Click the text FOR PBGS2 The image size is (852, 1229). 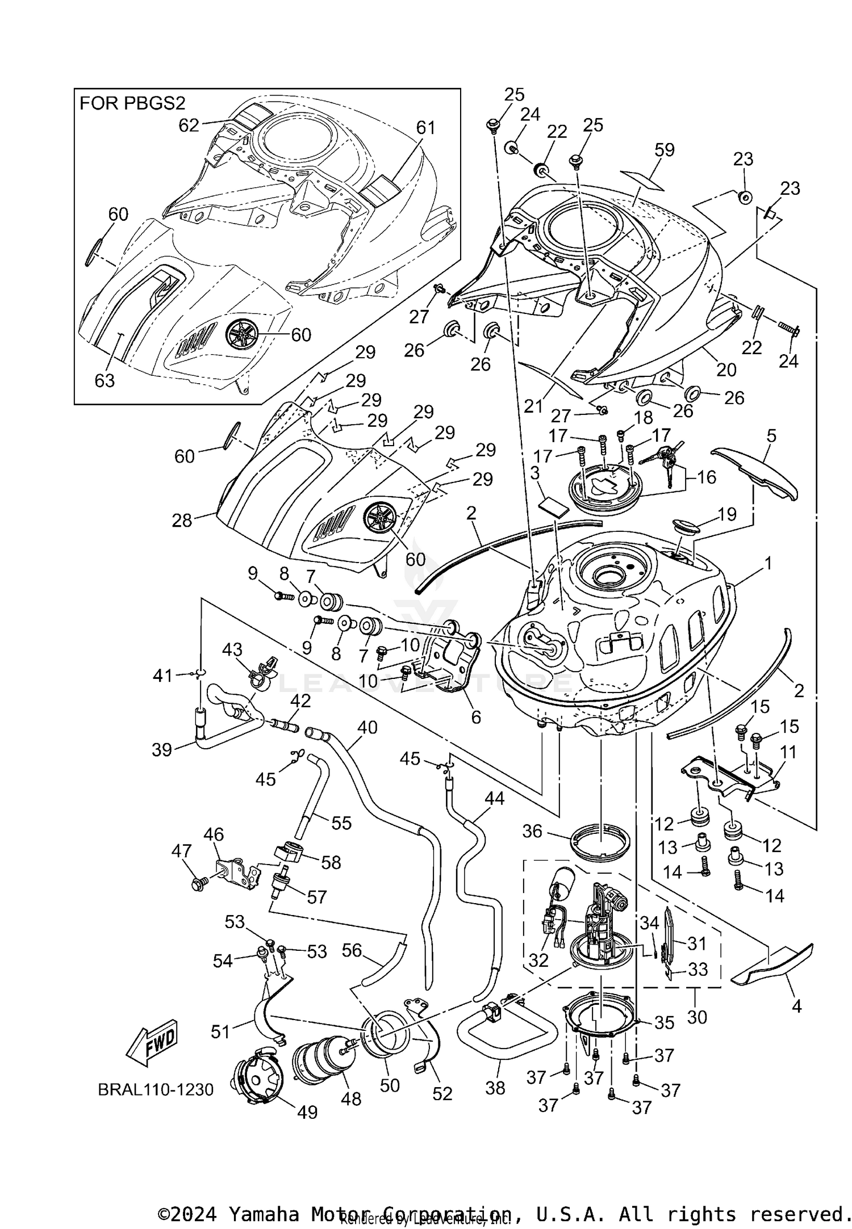pyautogui.click(x=132, y=103)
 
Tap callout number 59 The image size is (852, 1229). pyautogui.click(x=664, y=150)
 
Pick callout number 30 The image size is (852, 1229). pyautogui.click(x=697, y=1016)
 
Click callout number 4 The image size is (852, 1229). pyautogui.click(x=796, y=1006)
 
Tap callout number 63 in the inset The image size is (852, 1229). pyautogui.click(x=105, y=380)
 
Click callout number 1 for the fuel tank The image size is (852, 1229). pyautogui.click(x=768, y=563)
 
